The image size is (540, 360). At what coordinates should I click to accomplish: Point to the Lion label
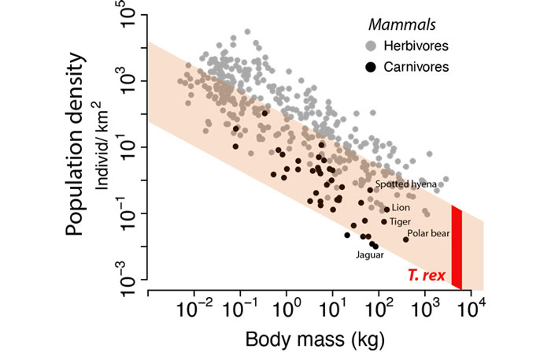coord(401,208)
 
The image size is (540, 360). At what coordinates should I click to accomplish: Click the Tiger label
coord(401,221)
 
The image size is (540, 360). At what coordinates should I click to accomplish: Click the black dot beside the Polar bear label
coord(406,239)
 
